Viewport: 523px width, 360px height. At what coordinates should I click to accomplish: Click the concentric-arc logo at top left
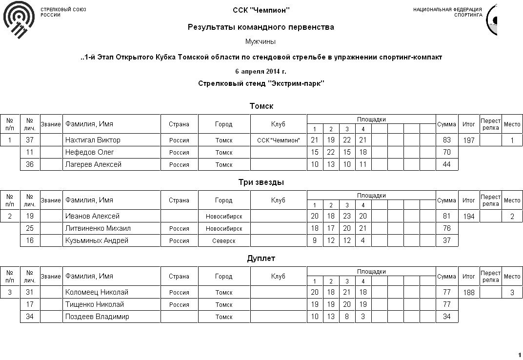click(19, 20)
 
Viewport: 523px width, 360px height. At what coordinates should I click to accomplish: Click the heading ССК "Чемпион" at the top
click(261, 10)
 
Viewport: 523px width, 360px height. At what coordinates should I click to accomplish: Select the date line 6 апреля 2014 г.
click(261, 71)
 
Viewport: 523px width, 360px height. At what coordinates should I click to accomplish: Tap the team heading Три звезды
click(261, 182)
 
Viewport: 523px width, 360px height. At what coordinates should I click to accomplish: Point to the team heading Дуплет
click(261, 259)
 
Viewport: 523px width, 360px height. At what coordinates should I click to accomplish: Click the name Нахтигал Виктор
click(93, 140)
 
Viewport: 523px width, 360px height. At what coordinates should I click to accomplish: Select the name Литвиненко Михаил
click(98, 228)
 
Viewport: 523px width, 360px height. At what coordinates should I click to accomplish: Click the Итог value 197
click(468, 140)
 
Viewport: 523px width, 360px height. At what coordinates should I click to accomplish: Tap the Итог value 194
click(468, 217)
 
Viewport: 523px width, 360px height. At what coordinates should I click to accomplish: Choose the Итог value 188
click(468, 293)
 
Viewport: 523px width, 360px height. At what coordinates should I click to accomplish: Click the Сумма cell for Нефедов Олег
click(446, 152)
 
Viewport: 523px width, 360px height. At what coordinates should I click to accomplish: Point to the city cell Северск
click(224, 240)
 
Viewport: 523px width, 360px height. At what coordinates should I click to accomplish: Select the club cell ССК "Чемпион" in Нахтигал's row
click(278, 140)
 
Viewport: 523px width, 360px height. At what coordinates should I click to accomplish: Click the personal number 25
click(30, 228)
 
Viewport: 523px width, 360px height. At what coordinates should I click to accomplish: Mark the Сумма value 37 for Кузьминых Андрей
click(446, 240)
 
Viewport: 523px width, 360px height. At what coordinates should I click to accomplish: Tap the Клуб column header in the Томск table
click(278, 124)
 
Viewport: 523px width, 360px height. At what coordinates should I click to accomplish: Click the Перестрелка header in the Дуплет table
click(490, 277)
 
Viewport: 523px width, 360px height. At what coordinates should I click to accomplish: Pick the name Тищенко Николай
click(94, 304)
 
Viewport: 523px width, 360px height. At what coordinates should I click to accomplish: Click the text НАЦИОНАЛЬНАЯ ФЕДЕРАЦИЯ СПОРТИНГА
click(447, 12)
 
